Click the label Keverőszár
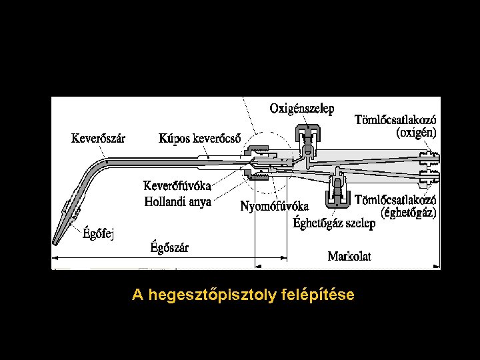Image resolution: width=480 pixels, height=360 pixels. tap(98, 139)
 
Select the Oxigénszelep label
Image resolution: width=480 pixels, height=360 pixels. tap(302, 108)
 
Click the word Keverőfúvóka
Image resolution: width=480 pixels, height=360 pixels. tap(178, 186)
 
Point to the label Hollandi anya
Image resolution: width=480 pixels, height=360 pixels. tap(178, 201)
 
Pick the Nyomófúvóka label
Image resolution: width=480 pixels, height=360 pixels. tap(274, 206)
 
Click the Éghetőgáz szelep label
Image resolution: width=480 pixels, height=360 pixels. tap(334, 223)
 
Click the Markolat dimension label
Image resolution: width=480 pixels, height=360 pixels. tap(349, 256)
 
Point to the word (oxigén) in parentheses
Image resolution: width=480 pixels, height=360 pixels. tap(417, 133)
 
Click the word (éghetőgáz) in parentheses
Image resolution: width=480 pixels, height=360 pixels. tap(409, 213)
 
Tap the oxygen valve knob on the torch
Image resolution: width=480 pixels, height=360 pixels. tap(307, 129)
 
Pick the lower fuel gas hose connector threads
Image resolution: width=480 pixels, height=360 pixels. tap(427, 178)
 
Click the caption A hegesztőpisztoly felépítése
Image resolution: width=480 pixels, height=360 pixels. tap(243, 294)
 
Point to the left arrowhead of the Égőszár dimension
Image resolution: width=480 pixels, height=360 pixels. tap(55, 257)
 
